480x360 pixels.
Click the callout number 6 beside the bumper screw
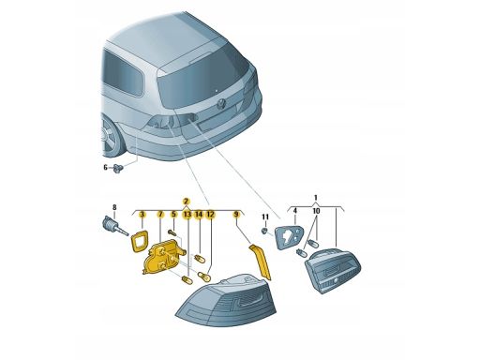[105, 168]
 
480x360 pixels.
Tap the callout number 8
[114, 207]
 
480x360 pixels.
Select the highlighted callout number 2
[187, 202]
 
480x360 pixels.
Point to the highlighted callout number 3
[142, 215]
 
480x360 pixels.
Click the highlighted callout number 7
[160, 215]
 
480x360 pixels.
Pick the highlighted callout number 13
[187, 215]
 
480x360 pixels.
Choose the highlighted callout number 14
[199, 215]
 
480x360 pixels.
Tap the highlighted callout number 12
[211, 215]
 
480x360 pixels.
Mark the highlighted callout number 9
[236, 215]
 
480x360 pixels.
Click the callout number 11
[265, 217]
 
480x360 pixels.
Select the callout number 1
[316, 198]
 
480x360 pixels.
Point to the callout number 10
[316, 211]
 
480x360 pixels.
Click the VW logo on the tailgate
[221, 104]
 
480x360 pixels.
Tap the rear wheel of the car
[110, 137]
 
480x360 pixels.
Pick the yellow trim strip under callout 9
[261, 262]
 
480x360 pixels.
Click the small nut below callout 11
[265, 232]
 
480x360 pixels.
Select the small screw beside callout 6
[118, 168]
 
